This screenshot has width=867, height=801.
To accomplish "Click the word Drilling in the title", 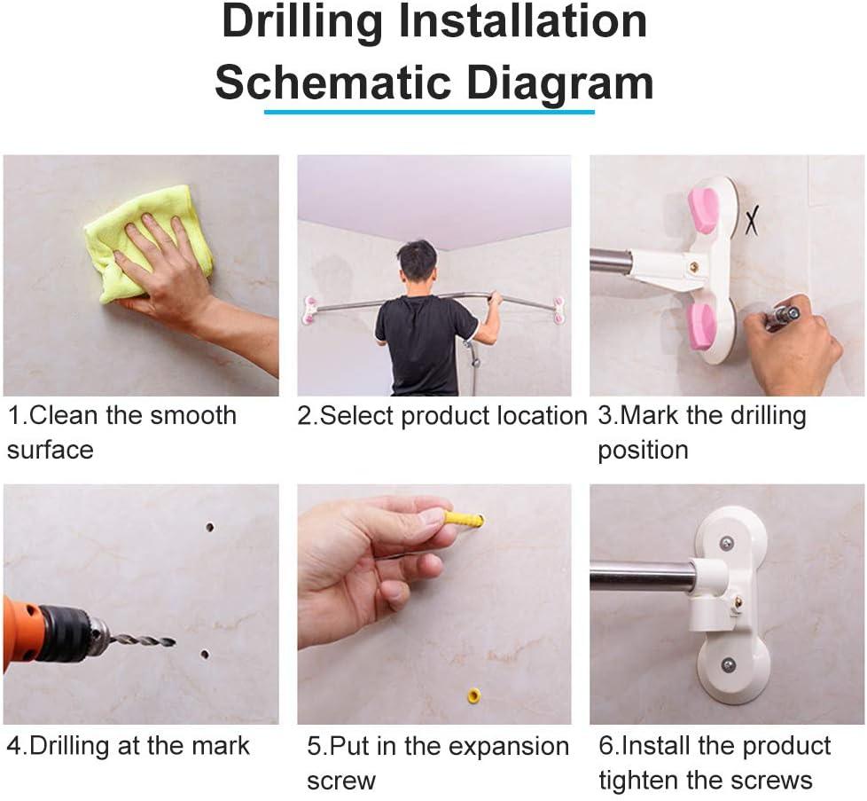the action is coord(302,23).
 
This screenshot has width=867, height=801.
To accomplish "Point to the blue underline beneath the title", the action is coord(429,112).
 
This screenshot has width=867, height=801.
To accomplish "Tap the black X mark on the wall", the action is coord(752,220).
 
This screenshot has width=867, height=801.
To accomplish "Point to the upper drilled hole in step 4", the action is coord(209,527).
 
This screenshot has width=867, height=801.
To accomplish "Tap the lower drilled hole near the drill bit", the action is coord(205,655).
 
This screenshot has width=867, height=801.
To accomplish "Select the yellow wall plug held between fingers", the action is coord(464,519).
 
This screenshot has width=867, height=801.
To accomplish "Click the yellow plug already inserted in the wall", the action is coord(474,695).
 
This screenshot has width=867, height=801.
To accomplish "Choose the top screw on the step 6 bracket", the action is coord(727,545).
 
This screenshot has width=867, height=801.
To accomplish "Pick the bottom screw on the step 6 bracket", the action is coord(728,664).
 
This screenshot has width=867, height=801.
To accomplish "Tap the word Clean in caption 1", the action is coord(63,415).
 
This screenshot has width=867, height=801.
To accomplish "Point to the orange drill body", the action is coord(22,631).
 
